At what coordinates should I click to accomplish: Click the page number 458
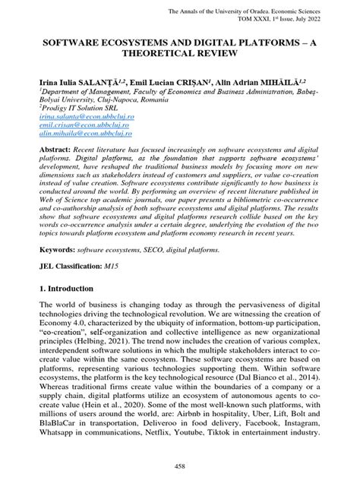[180, 465]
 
